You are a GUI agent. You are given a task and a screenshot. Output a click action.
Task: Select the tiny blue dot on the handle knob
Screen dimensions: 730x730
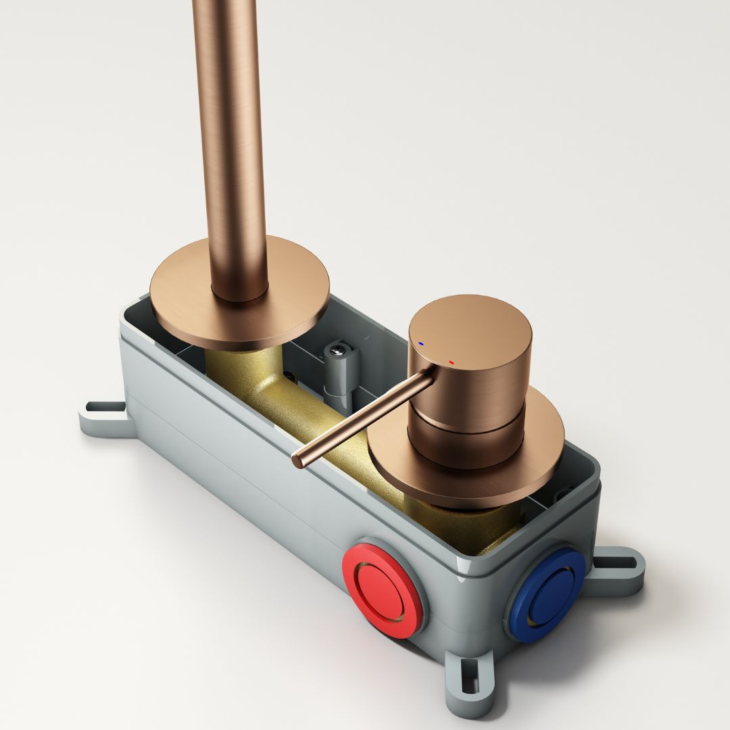(421, 344)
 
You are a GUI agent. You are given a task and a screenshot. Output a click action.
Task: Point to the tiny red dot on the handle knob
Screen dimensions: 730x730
(451, 363)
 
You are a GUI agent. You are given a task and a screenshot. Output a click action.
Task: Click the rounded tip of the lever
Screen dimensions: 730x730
(297, 462)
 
